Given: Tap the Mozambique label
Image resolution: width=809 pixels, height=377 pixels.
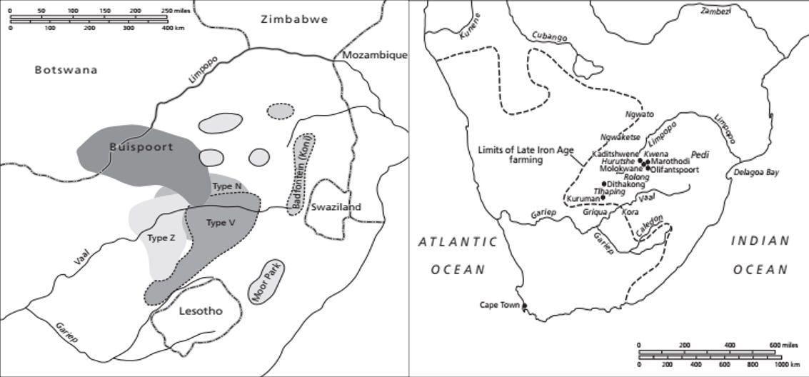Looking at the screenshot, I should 374,55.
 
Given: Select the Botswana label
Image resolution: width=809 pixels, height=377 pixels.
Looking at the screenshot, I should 65,70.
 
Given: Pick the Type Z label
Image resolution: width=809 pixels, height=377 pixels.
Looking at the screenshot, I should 161,238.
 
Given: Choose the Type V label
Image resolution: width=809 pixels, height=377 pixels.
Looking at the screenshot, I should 221,223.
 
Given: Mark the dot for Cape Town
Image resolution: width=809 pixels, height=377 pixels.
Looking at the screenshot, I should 525,307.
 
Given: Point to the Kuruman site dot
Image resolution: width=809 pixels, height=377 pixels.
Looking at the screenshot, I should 603,197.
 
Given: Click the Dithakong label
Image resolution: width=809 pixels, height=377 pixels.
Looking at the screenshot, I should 625,184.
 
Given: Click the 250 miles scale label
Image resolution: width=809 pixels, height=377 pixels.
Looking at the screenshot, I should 175,11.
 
